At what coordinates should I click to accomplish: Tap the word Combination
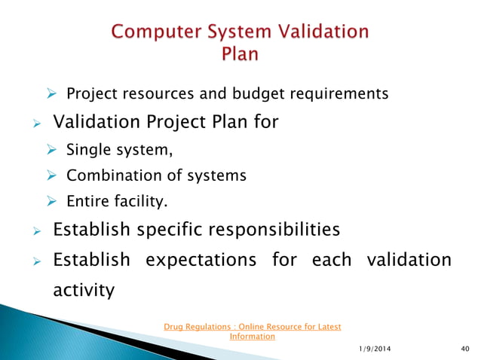click(114, 175)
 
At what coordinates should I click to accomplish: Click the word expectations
click(201, 260)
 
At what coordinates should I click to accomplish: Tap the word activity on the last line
click(84, 289)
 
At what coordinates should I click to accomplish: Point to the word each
click(330, 260)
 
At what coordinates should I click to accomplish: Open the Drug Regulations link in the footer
click(252, 327)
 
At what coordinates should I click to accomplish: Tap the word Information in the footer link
click(252, 337)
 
